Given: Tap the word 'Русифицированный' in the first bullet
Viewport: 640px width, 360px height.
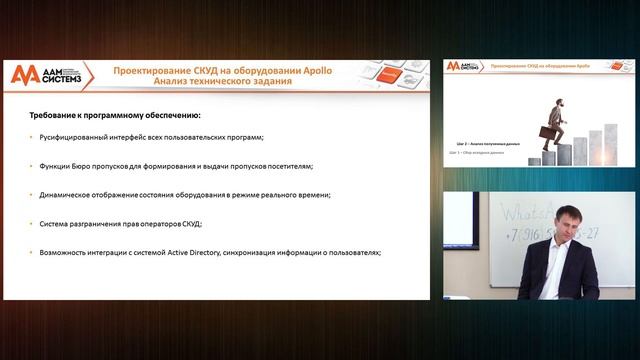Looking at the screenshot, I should click(x=72, y=137).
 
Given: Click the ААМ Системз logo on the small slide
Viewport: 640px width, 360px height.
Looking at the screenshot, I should click(x=463, y=67).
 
